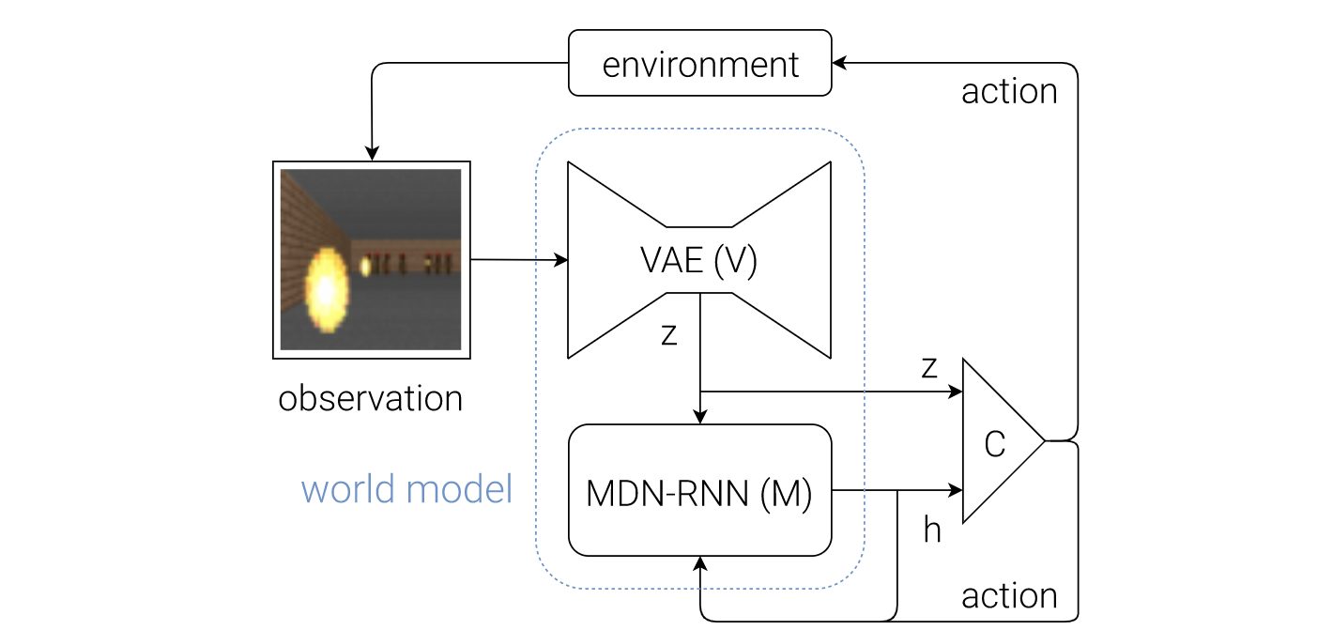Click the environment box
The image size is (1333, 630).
pos(700,63)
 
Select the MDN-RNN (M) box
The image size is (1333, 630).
pos(700,490)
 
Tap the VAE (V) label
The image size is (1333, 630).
pos(698,260)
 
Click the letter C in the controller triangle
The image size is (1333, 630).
pos(994,444)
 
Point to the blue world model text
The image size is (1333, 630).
pos(406,489)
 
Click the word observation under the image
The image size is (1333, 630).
pos(370,398)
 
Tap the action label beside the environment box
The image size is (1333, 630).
pos(1009,92)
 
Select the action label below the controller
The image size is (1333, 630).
pos(1009,596)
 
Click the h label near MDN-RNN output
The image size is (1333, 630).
pos(932,530)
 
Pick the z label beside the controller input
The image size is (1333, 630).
pos(929,367)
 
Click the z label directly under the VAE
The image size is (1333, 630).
pos(669,334)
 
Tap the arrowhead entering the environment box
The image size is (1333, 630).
pos(839,63)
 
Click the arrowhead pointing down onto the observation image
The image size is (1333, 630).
pos(372,154)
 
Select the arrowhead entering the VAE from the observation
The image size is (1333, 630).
pos(560,260)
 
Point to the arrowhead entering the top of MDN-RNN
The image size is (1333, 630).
pos(700,416)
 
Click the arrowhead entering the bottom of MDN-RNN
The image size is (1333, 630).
pos(700,564)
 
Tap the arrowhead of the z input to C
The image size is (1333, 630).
pos(955,392)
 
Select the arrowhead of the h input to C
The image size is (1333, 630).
pos(955,490)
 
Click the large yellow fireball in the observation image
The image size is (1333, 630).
pos(327,290)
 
